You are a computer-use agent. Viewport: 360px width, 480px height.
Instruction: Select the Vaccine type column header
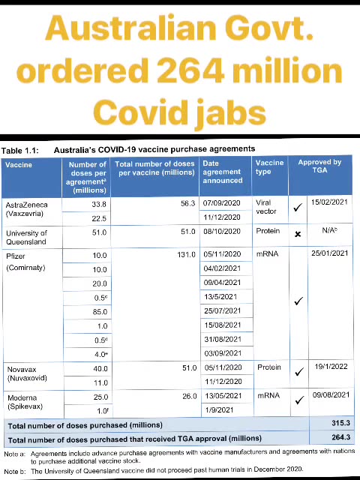[269, 166]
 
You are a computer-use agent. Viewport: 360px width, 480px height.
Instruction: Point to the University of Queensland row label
[26, 237]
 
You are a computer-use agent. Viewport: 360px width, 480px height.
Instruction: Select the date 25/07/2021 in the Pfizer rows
[222, 310]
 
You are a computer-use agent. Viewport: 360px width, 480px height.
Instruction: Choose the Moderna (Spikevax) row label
[25, 401]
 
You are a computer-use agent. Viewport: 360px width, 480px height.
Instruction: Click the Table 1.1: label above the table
[22, 148]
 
